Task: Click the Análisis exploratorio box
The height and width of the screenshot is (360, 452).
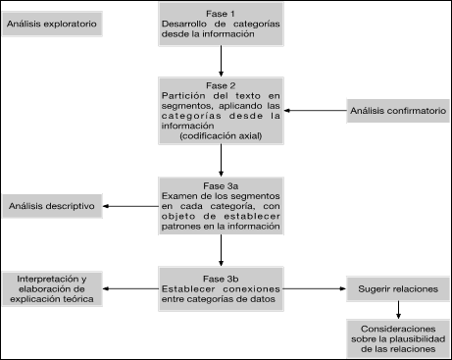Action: coord(52,21)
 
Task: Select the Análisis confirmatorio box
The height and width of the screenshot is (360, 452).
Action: coord(397,109)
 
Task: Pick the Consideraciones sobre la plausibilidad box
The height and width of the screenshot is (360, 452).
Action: coord(396,336)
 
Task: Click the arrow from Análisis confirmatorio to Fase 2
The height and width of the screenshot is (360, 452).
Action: coord(314,109)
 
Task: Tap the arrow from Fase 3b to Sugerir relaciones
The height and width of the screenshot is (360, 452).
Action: coord(315,289)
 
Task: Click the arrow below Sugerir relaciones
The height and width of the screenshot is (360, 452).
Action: coord(397,309)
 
